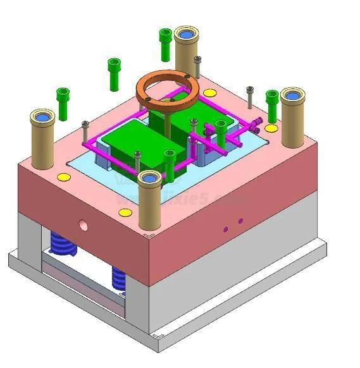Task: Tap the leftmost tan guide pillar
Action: pyautogui.click(x=42, y=140)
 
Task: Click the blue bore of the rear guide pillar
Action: pyautogui.click(x=187, y=32)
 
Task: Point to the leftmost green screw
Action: pyautogui.click(x=63, y=102)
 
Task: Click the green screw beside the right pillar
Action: pyautogui.click(x=272, y=104)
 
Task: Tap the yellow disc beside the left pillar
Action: pyautogui.click(x=63, y=177)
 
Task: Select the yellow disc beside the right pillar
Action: pyautogui.click(x=271, y=128)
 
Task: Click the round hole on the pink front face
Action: pyautogui.click(x=82, y=224)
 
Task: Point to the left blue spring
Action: pyautogui.click(x=63, y=244)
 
